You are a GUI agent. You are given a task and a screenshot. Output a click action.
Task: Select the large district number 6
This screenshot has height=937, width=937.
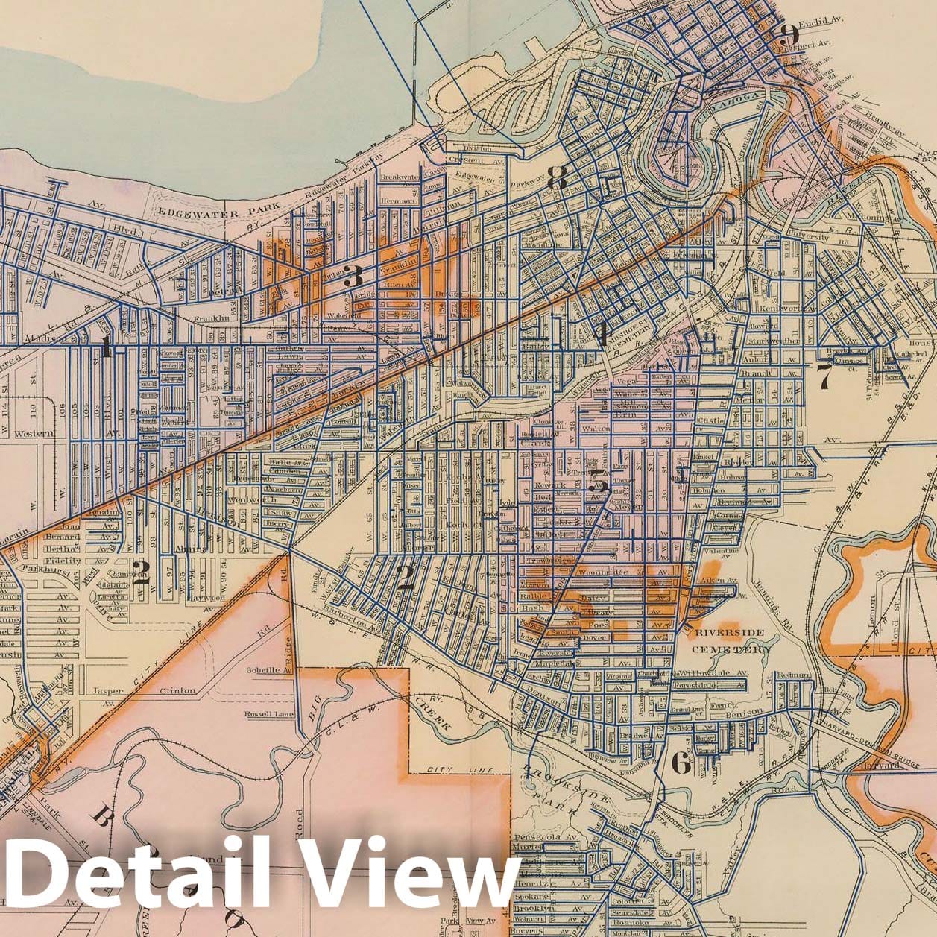pyautogui.click(x=681, y=763)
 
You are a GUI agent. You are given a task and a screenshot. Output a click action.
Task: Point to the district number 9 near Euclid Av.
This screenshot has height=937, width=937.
pyautogui.click(x=786, y=33)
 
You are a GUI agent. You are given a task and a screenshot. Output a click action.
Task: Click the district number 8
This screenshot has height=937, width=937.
pyautogui.click(x=557, y=178)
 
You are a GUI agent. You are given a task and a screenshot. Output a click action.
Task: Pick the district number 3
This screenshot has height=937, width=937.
pyautogui.click(x=353, y=278)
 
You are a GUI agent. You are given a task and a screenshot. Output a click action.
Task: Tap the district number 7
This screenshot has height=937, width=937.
pyautogui.click(x=824, y=376)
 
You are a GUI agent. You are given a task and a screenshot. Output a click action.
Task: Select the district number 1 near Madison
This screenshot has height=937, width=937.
pyautogui.click(x=106, y=346)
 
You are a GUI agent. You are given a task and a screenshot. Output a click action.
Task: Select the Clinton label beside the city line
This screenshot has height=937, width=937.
pyautogui.click(x=178, y=690)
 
